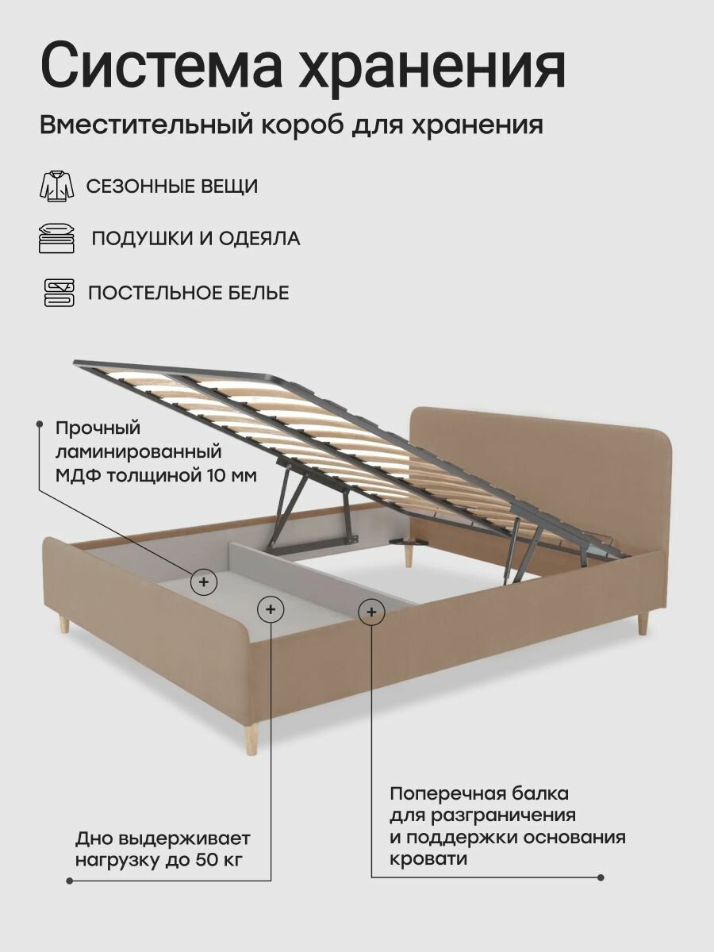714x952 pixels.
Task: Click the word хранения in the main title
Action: pyautogui.click(x=432, y=67)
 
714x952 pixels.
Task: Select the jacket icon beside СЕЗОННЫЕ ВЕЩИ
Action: pyautogui.click(x=57, y=186)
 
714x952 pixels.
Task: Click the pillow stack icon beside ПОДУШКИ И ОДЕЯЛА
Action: pyautogui.click(x=57, y=238)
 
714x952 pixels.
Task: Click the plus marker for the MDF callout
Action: pyautogui.click(x=204, y=582)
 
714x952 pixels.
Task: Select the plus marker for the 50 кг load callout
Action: pyautogui.click(x=271, y=609)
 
